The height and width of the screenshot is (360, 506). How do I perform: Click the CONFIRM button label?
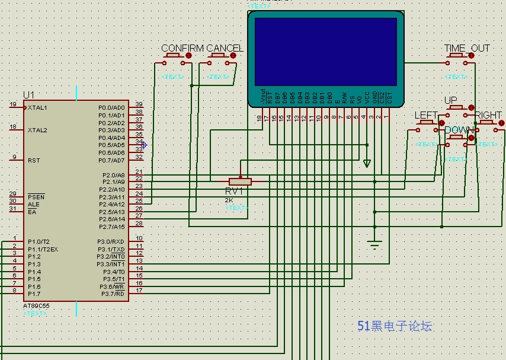coord(182,48)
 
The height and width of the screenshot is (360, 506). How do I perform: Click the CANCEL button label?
coord(225,48)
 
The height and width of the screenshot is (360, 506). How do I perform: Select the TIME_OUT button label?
coord(467,48)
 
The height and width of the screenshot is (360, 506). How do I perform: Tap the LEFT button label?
coord(426,115)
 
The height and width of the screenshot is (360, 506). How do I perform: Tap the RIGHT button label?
coord(488,115)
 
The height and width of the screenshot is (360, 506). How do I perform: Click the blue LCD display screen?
coord(325,52)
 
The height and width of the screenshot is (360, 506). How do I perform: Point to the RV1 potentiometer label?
coord(234,192)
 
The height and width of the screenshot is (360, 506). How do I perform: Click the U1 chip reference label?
coord(28,95)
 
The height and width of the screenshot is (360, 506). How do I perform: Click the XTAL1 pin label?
coord(37,108)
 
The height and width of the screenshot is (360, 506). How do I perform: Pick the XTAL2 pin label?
coord(37,130)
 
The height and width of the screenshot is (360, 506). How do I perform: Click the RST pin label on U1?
coord(34,160)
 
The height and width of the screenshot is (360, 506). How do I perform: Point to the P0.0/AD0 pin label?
coord(111,108)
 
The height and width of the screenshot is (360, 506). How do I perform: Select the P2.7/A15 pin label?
coord(111,227)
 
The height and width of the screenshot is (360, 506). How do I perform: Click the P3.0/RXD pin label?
coord(111,241)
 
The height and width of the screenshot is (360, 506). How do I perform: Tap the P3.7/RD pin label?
coord(112,294)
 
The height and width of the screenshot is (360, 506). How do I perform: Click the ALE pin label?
coord(33,204)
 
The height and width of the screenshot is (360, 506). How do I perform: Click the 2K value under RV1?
coord(229,200)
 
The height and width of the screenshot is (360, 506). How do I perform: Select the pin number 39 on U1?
coord(139,104)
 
